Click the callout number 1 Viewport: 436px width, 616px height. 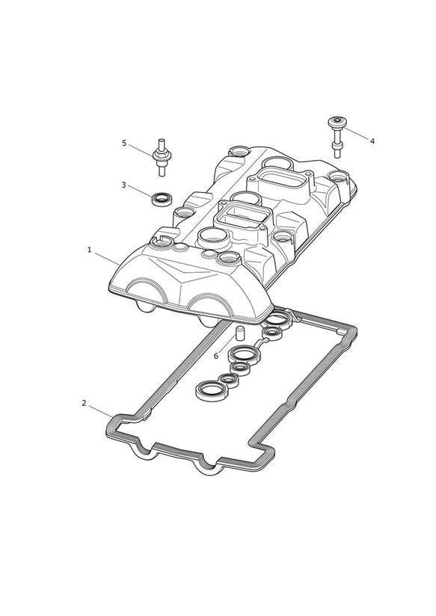coord(89,250)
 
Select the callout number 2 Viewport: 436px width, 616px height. coord(84,403)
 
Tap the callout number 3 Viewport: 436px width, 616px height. coord(123,185)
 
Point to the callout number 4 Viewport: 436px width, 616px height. coord(372,141)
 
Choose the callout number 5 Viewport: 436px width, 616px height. coord(124,143)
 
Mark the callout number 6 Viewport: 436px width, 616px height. coord(216,356)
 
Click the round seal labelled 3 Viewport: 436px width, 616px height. coord(162,198)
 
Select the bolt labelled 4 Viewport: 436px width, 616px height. coord(337,137)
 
